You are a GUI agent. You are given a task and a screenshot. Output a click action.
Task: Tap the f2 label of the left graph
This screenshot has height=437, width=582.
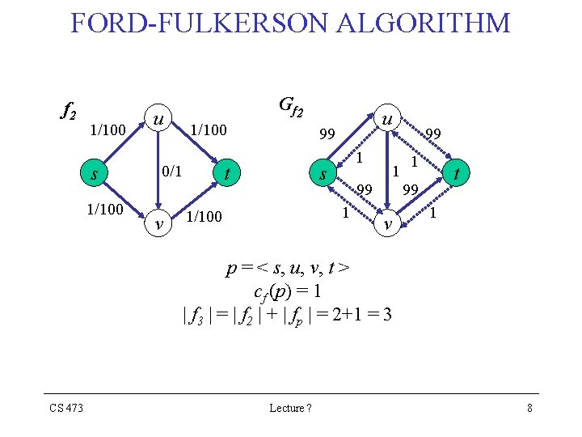coord(69,110)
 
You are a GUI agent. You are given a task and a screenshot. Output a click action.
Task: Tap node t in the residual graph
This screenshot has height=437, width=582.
coord(458,173)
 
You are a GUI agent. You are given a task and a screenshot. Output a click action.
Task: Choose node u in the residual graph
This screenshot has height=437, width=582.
coord(388,118)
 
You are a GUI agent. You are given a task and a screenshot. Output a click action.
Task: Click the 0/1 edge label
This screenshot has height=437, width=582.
coord(172,172)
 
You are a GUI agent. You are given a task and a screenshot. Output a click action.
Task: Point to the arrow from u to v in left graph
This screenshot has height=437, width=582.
coord(159,172)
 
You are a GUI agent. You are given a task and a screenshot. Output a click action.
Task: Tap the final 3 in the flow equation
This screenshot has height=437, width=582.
coord(387,314)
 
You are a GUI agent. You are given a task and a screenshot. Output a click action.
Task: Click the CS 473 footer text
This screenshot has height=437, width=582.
coord(64,408)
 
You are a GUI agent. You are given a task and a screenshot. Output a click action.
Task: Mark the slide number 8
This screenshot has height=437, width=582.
coord(529,408)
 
